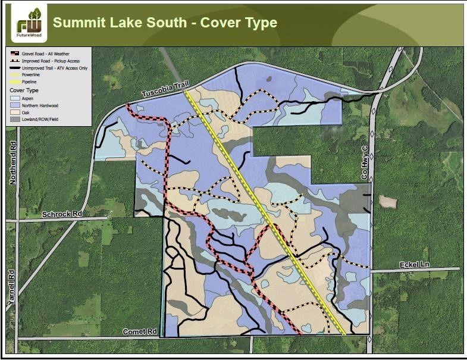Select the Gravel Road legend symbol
(14, 53)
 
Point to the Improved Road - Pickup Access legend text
(52, 61)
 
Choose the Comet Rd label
(139, 331)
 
